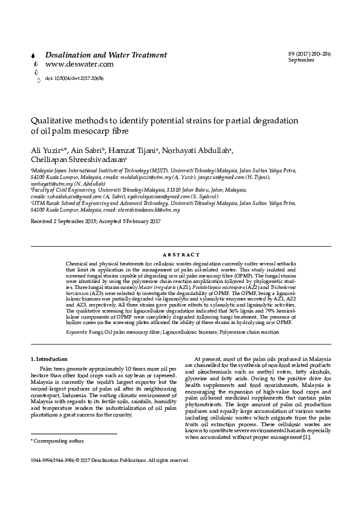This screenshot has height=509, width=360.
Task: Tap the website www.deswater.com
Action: [79, 64]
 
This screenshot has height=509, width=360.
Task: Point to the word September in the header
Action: [301, 61]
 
